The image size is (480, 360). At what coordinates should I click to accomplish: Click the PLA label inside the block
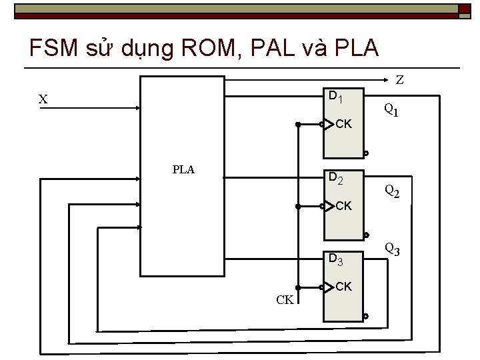183,169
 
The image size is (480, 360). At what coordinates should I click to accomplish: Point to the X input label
43,99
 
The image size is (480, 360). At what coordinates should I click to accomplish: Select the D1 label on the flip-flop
335,97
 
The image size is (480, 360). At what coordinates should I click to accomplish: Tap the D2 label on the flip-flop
335,179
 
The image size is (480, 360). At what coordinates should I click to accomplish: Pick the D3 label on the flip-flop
335,259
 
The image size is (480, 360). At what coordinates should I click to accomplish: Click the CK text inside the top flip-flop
344,124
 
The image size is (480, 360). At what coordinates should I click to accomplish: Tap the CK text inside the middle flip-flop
344,206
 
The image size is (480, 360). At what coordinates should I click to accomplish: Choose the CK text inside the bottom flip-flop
344,287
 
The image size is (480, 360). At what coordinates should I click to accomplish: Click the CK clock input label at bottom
285,299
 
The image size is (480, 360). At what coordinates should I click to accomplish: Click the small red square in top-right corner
465,9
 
